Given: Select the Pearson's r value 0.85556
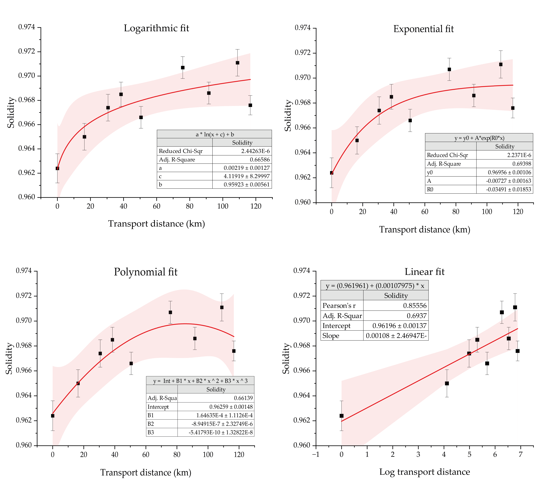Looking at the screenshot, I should [x=415, y=306].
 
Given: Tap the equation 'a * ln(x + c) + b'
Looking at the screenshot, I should [x=215, y=134].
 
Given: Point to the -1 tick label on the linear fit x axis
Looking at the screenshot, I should [x=316, y=455].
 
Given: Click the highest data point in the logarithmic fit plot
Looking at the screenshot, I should [x=237, y=63].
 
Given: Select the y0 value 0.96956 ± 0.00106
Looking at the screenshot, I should [x=509, y=172].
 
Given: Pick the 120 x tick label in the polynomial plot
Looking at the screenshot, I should [x=239, y=455].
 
